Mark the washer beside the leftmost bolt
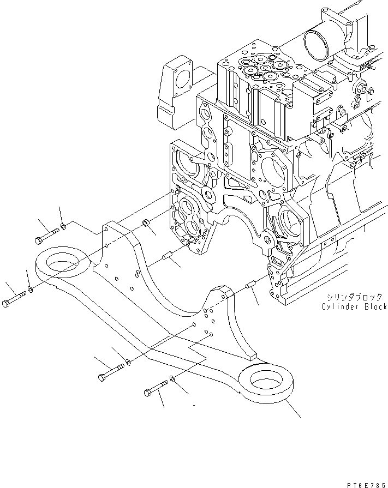tap(30, 288)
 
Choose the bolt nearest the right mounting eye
tap(156, 389)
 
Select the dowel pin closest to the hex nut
tap(168, 254)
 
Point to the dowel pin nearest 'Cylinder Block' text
tap(251, 285)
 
